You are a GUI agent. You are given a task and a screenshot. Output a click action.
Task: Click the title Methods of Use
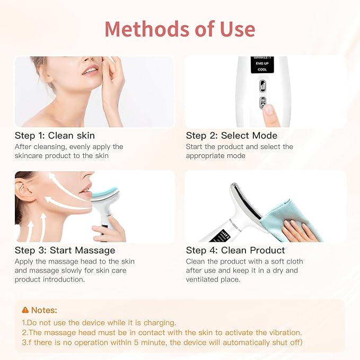[180, 29]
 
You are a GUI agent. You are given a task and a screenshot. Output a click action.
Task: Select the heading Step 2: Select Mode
[232, 135]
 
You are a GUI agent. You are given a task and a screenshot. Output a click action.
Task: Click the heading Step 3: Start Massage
[65, 250]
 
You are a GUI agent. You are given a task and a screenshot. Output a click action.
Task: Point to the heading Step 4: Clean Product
[235, 250]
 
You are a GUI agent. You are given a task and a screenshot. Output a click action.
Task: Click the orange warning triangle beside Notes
[25, 310]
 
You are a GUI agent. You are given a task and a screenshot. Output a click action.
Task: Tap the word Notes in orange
[44, 310]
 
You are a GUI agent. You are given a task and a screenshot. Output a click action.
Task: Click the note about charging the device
[99, 322]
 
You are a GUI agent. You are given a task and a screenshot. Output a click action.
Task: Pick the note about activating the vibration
[162, 332]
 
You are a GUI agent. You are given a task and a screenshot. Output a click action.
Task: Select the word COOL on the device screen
[262, 69]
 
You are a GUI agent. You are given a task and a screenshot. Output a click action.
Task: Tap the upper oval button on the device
[262, 86]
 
